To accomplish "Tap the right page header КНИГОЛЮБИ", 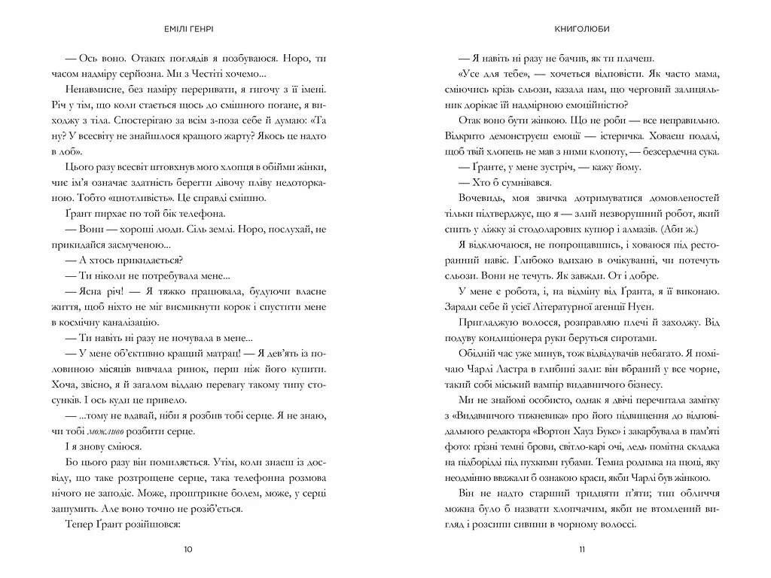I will coord(581,29).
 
